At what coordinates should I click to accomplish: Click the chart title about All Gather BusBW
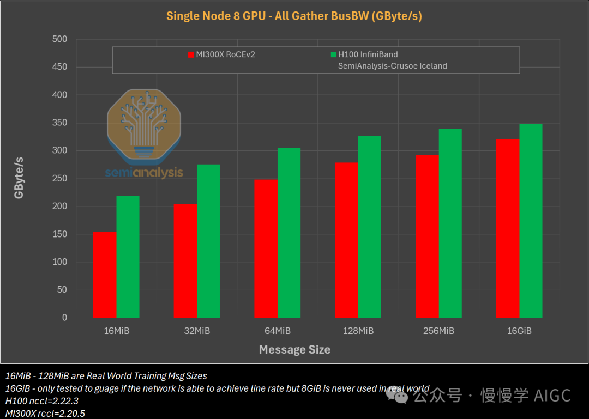[x=294, y=16]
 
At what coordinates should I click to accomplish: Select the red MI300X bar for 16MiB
[x=105, y=275]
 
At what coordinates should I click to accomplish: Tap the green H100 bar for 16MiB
[x=128, y=257]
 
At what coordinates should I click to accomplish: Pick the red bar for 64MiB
[x=266, y=248]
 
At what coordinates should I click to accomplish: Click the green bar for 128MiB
[x=369, y=227]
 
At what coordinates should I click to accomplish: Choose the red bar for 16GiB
[x=508, y=228]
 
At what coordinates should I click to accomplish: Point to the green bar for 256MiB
[x=450, y=223]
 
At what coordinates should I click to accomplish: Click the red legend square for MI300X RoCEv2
[x=191, y=54]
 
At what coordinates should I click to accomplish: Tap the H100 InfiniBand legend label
[x=368, y=54]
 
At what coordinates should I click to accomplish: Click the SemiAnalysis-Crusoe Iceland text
[x=392, y=66]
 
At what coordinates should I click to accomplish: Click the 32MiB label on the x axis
[x=196, y=331]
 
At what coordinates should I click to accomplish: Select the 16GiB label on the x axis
[x=519, y=331]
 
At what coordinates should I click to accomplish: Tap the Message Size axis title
[x=294, y=349]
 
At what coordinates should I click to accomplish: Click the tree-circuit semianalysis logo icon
[x=144, y=126]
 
